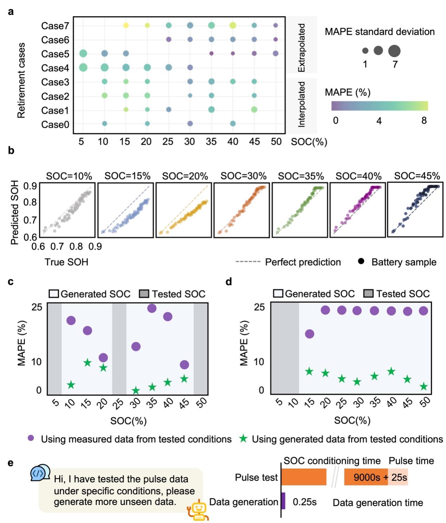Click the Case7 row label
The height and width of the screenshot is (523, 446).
(55, 26)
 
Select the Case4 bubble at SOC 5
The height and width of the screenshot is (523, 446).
(83, 67)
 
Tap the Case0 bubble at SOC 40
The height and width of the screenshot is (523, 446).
(232, 123)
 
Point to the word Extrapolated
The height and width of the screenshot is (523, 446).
(301, 48)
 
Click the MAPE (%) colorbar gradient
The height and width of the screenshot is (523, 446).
(379, 106)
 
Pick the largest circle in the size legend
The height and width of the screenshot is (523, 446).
(394, 51)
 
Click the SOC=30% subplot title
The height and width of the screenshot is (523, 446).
(243, 176)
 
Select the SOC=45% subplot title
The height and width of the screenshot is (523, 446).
(417, 176)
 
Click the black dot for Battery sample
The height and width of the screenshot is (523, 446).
(361, 262)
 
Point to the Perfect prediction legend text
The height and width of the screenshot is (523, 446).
(303, 262)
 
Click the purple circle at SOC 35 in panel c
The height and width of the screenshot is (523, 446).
(152, 308)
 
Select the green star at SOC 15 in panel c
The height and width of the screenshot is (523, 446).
(87, 362)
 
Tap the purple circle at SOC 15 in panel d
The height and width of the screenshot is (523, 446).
(309, 334)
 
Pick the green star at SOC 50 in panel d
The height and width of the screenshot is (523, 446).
(424, 386)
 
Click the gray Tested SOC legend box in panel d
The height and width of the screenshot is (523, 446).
(368, 294)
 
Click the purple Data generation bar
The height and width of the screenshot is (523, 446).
(283, 501)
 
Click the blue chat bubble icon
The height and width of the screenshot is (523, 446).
(40, 473)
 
